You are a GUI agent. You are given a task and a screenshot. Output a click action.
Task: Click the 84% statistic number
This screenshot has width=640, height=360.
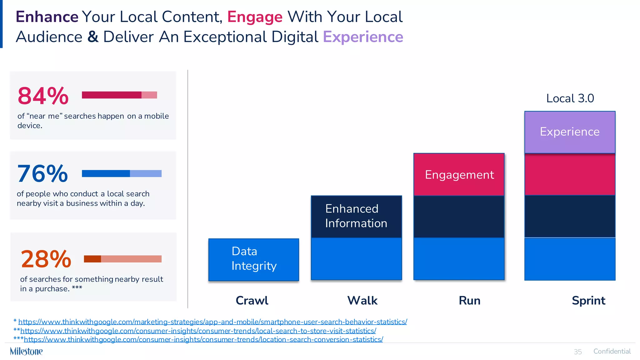[43, 96]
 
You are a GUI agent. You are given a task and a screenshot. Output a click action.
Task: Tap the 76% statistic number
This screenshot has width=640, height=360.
[42, 174]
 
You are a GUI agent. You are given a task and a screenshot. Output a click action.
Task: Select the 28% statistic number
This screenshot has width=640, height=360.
[46, 259]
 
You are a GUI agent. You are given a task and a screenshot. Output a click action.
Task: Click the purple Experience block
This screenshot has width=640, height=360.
[570, 132]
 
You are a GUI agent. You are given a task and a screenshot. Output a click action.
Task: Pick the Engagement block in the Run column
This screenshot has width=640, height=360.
[459, 175]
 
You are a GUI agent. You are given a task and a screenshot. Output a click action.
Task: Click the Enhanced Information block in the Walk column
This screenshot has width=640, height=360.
[356, 216]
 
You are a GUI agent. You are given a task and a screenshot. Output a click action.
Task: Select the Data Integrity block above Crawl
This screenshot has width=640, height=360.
[254, 259]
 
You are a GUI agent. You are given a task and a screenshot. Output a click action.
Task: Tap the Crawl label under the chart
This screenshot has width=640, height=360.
[252, 301]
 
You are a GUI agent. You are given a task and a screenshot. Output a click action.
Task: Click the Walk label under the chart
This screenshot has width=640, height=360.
[362, 301]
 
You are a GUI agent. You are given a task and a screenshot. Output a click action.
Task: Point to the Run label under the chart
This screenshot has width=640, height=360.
[469, 301]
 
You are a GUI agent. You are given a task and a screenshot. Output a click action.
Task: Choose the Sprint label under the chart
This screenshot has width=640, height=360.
[588, 301]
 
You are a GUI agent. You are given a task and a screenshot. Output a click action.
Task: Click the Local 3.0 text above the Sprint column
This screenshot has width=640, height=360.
[570, 98]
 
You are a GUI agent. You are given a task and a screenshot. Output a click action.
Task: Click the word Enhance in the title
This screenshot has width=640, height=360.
[47, 17]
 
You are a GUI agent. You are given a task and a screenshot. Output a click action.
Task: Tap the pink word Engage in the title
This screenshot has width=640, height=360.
[255, 17]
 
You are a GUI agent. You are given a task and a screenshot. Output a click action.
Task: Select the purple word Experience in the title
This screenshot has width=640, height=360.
[363, 37]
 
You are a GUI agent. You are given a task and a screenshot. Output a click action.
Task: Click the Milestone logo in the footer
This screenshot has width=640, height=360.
[26, 351]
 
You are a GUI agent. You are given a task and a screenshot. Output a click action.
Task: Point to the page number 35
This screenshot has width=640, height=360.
[578, 352]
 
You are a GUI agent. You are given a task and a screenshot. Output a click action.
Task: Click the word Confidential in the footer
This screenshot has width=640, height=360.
[612, 351]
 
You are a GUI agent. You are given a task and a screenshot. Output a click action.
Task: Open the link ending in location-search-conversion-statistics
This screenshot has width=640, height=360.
[203, 339]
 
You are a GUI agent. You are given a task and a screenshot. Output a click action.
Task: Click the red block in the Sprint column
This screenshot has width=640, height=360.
[570, 174]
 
